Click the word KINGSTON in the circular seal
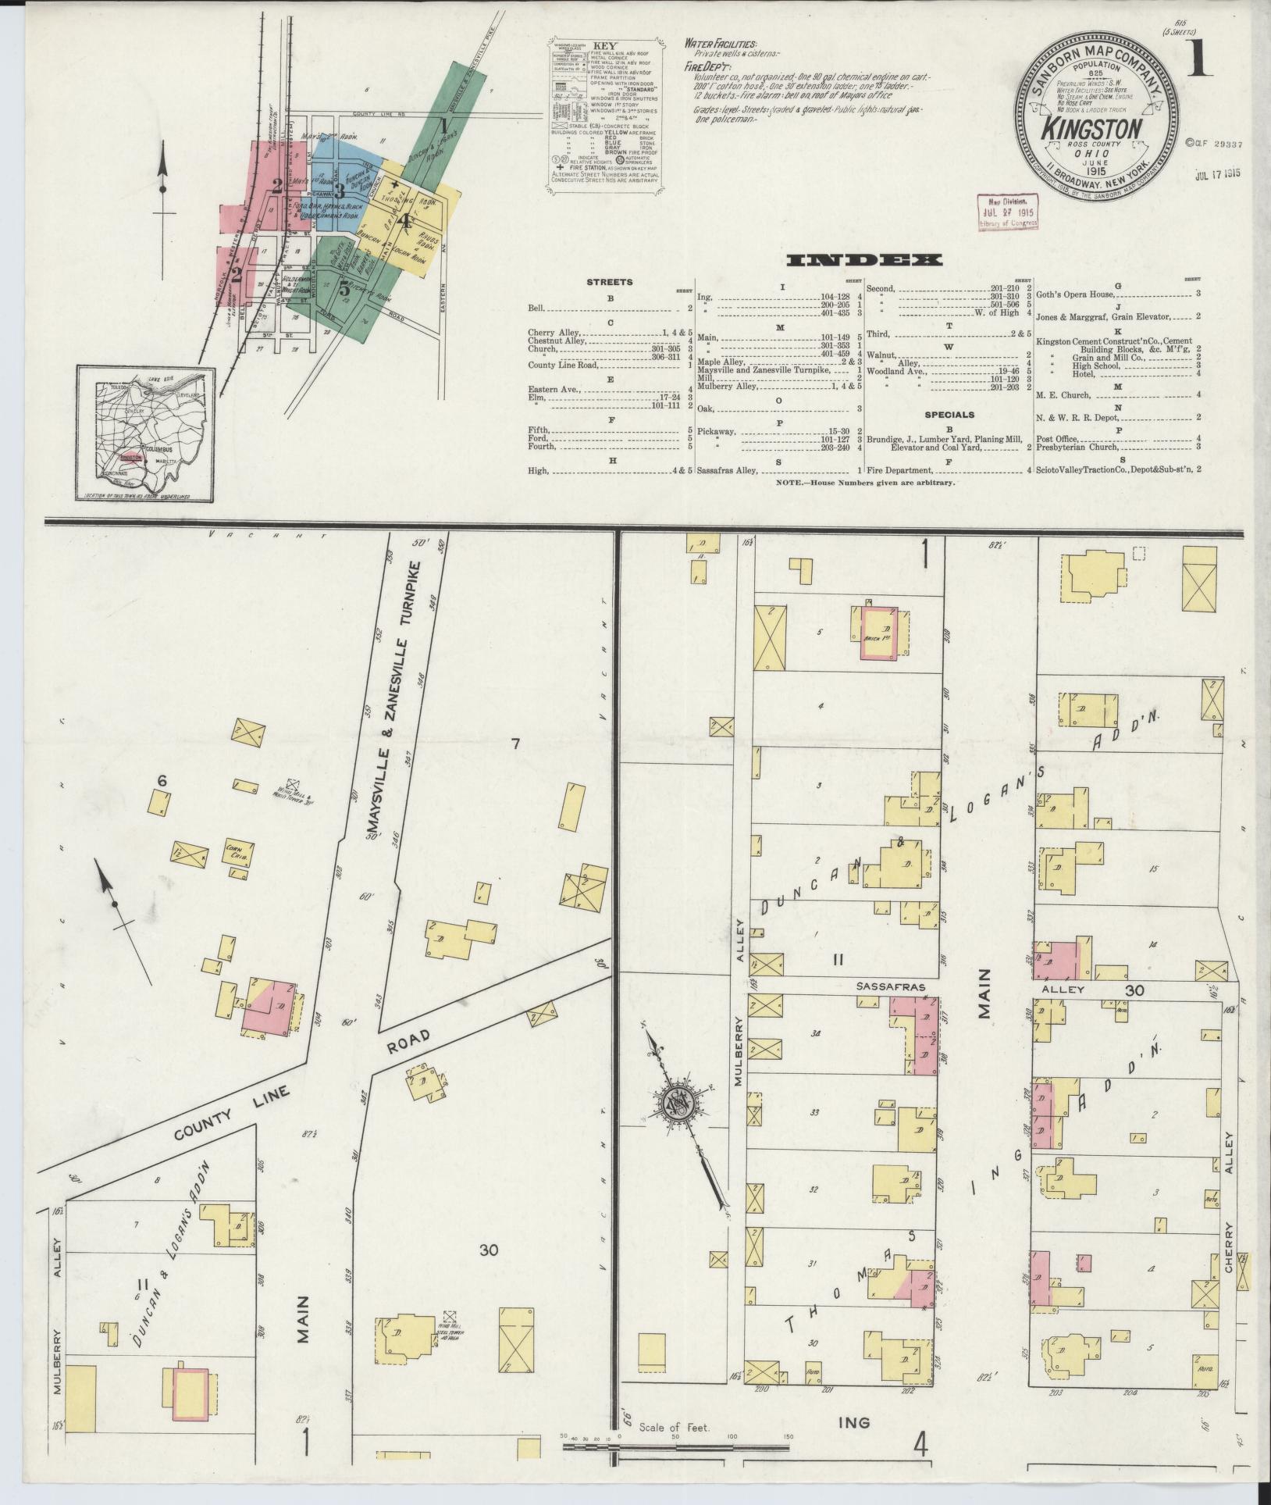click(1093, 127)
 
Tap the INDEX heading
click(864, 260)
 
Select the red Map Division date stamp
click(1007, 212)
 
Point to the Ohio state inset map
click(145, 433)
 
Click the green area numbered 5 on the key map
click(344, 287)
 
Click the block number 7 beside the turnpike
click(514, 744)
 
